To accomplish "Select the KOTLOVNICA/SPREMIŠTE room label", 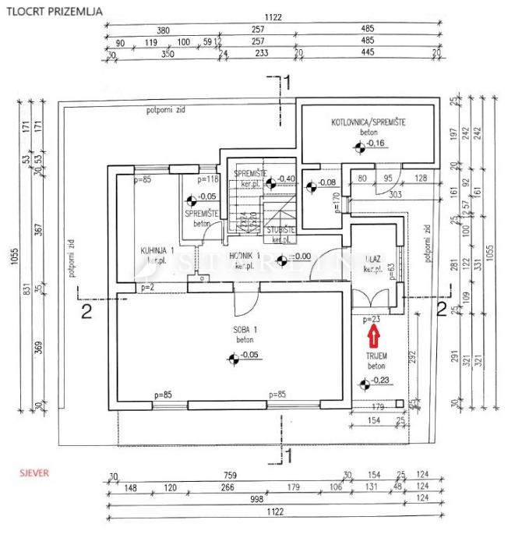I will (369, 122).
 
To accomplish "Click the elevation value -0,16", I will (376, 143).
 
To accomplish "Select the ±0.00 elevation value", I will (299, 256).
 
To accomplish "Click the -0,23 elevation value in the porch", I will (380, 380).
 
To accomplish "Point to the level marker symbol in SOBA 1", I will (231, 359).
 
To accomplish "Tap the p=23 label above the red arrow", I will (371, 319).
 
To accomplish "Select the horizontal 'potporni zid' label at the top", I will (164, 110).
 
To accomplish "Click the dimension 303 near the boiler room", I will (396, 195).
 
